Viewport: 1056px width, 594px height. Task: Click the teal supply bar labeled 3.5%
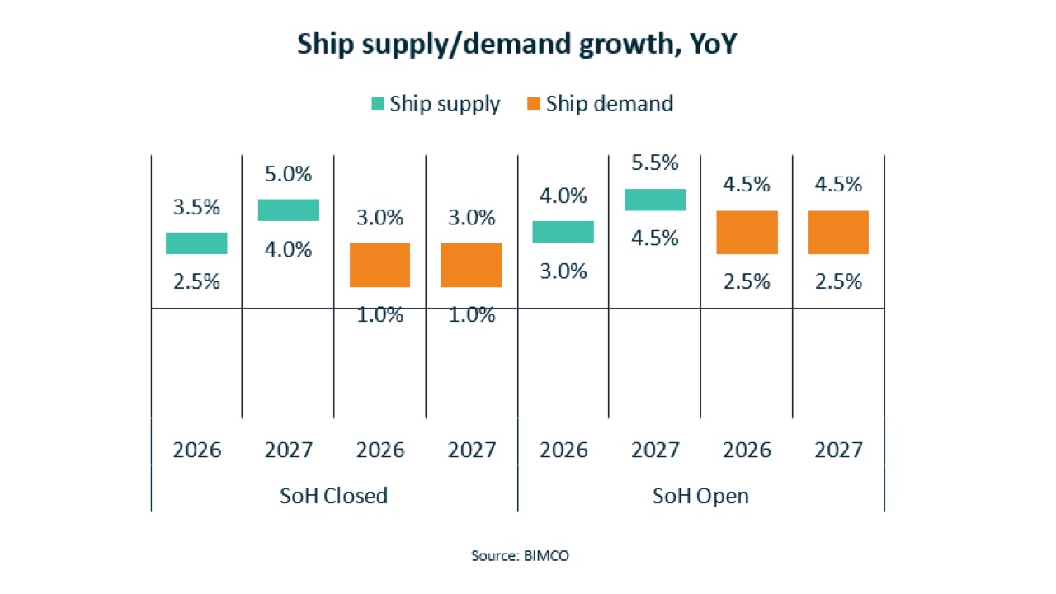196,243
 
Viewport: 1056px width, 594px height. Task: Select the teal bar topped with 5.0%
289,210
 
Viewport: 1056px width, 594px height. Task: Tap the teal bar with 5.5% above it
655,200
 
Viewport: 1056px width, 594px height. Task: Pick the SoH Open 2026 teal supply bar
563,232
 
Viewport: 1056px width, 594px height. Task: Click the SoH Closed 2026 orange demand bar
380,265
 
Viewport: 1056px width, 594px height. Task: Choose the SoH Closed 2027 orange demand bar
471,265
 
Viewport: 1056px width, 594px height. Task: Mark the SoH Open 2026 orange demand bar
747,232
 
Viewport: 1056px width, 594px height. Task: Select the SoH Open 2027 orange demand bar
838,232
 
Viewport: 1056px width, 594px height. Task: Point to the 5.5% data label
655,163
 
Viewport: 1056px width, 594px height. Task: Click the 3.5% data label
196,207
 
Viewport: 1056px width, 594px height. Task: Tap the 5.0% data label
288,174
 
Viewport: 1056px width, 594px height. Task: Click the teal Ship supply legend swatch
378,103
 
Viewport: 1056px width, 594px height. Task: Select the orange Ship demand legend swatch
534,103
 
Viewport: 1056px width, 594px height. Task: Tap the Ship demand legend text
610,104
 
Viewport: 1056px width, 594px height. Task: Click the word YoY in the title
713,44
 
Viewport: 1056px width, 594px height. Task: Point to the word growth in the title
629,45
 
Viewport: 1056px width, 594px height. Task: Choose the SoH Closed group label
334,496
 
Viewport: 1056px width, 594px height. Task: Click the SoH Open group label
700,497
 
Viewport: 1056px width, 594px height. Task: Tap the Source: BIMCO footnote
520,556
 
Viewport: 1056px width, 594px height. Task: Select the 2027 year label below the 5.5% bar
655,450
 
